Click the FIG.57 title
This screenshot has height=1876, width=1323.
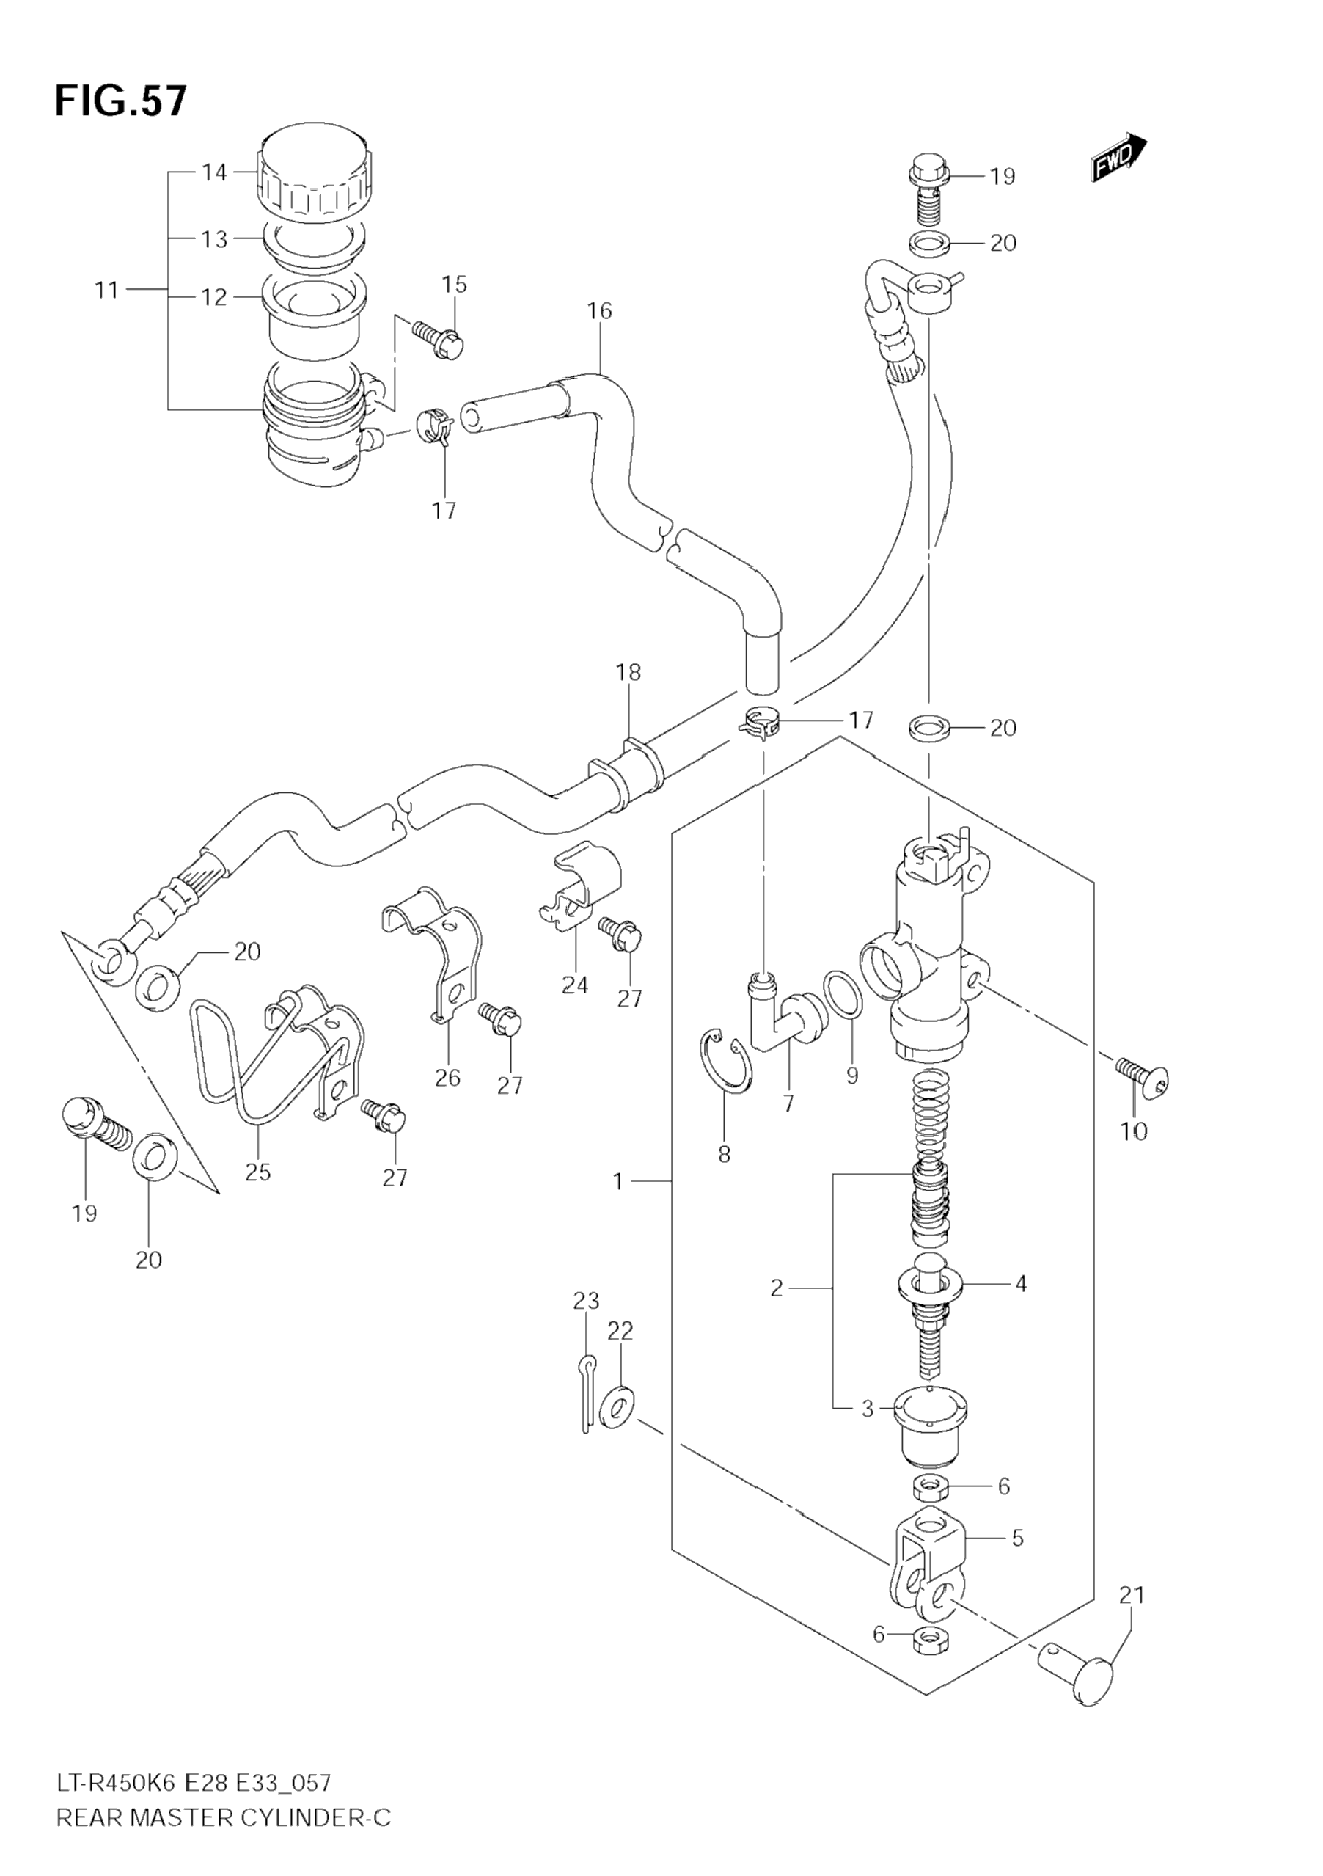coord(121,101)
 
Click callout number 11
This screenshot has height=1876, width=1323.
coord(107,290)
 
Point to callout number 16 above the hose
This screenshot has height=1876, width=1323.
coord(598,310)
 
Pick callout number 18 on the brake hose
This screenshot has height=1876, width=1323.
coord(628,673)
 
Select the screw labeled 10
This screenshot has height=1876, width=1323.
coord(1143,1078)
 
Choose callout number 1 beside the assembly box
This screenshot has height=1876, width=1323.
coord(618,1181)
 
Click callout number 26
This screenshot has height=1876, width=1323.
coord(447,1078)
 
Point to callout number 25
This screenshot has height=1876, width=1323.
coord(258,1172)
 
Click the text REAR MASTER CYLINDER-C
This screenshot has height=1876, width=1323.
coord(224,1834)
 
